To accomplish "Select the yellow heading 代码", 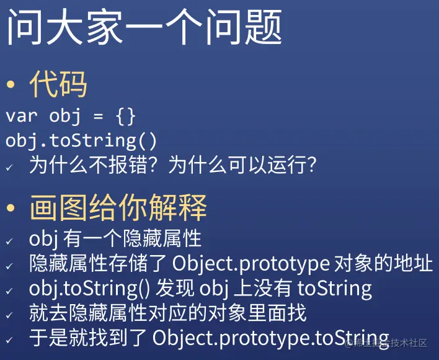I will click(x=58, y=84).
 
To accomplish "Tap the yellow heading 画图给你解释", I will click(x=118, y=208).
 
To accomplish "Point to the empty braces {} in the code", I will click(x=125, y=116).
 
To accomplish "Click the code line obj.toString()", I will click(x=81, y=140).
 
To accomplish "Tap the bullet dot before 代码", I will click(x=10, y=86).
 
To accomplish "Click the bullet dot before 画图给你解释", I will click(x=10, y=209).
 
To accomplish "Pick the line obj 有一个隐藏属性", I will click(x=115, y=238).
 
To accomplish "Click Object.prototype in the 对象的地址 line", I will click(x=251, y=263).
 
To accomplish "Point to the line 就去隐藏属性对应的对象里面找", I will click(x=167, y=313).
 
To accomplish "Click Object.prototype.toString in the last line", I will click(x=270, y=338).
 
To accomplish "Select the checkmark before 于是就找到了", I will click(x=9, y=340).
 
